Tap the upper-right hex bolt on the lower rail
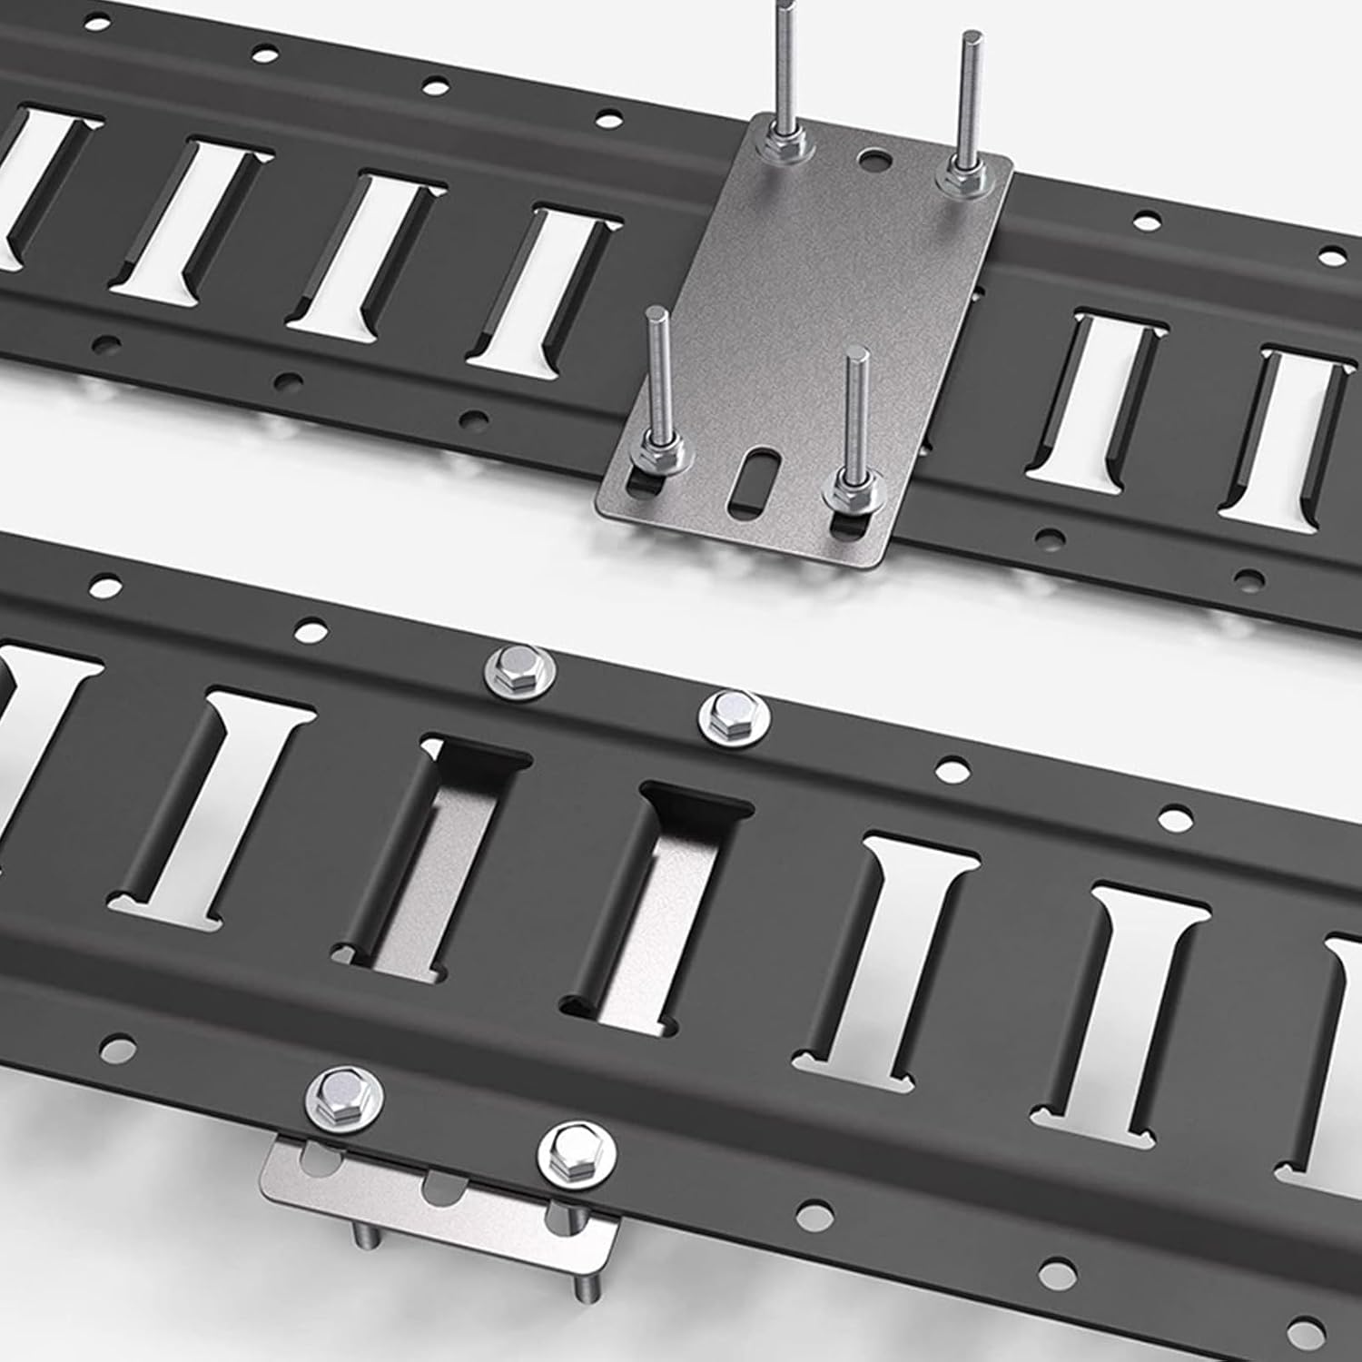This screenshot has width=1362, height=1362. click(732, 715)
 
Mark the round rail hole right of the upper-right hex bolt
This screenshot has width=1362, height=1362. click(952, 771)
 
